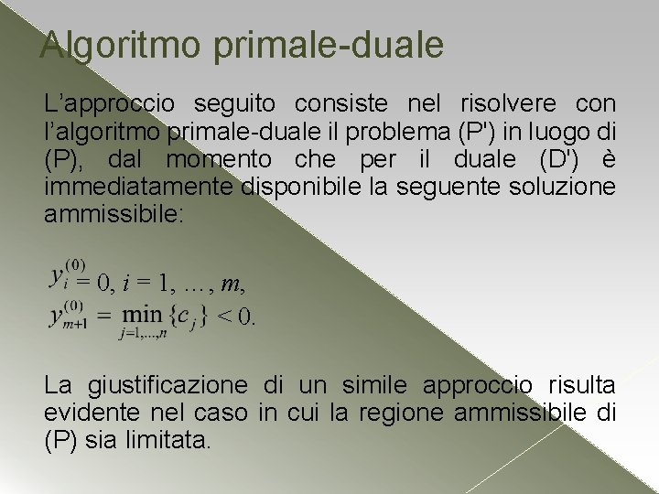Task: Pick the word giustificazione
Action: point(167,385)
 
